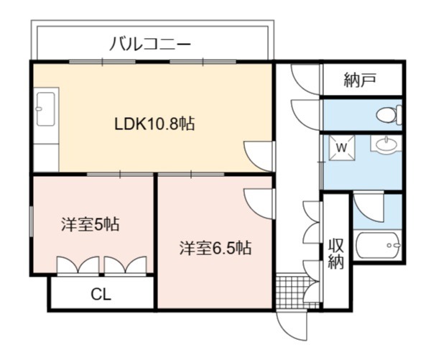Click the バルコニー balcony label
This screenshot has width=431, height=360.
(150, 44)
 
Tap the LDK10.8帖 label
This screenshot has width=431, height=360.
(154, 124)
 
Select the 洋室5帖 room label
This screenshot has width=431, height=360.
(91, 224)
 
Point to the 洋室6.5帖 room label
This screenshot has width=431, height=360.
(215, 248)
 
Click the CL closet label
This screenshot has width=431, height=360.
(101, 295)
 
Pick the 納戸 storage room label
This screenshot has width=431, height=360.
(360, 80)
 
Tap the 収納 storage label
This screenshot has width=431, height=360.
(336, 254)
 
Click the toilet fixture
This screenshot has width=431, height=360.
(389, 115)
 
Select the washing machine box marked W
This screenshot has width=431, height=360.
(342, 148)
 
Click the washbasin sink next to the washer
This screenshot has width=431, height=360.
(385, 144)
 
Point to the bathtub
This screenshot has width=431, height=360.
(377, 245)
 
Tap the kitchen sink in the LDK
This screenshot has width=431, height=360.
(46, 109)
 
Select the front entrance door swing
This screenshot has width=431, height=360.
(292, 326)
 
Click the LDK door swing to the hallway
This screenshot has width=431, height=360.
(259, 156)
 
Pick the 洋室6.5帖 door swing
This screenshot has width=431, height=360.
(259, 204)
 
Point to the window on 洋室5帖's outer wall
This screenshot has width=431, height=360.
(32, 221)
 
